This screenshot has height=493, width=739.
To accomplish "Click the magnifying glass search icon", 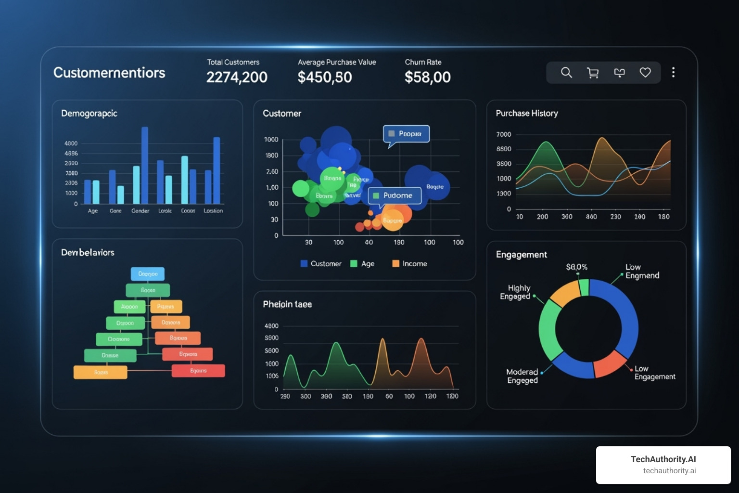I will coord(566,73).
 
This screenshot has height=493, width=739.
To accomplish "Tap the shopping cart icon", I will coord(593,73).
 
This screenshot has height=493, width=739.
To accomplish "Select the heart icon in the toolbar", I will coord(645,72).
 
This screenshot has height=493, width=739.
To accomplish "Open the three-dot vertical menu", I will coord(673,72).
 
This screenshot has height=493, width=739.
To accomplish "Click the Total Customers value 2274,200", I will coord(237,77).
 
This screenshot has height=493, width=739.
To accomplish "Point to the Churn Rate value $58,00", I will coord(427,77).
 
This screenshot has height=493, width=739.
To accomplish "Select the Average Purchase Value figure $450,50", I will coord(325,77).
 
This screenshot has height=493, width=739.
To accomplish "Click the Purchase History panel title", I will coord(527,113).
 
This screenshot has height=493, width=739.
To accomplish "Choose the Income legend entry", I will coord(409,263).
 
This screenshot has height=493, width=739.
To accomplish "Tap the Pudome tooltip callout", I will coord(395,195).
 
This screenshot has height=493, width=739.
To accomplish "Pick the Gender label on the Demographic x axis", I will coord(140,211).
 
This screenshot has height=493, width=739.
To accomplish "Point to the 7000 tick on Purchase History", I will coord(504,134).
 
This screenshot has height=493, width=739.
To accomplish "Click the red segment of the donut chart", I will coord(610,364).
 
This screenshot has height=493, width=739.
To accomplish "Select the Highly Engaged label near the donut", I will coord(515,292).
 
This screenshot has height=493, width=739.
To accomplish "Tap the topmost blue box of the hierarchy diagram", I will coord(148,274).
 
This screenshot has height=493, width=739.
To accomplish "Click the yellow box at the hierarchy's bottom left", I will coord(100,372).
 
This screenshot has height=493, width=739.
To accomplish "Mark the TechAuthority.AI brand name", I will coord(663,459).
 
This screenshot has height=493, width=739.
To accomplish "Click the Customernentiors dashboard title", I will coord(109,73).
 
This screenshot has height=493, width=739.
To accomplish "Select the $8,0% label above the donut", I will coord(576,267).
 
